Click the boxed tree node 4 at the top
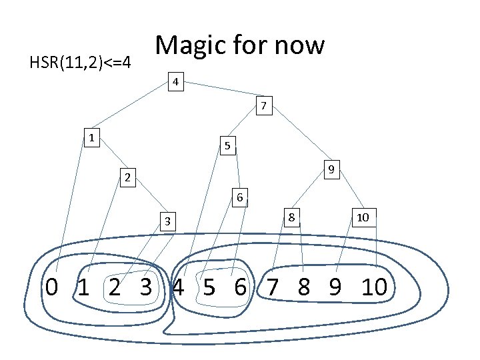coord(175,83)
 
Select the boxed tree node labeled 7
coord(264,105)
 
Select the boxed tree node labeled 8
coord(291,217)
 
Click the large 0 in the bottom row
coord(51,287)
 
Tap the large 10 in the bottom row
coord(375,287)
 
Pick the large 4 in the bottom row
coord(178,287)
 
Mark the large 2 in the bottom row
coord(115,287)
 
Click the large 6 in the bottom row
coord(241,287)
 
